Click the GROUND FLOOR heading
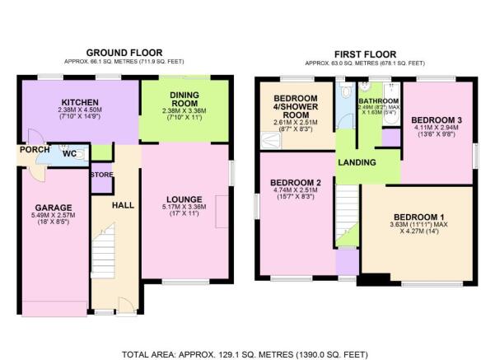pos(124,53)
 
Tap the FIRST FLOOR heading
pos(365,54)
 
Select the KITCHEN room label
pos(80,102)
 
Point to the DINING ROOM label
pos(184,99)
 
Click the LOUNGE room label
pos(184,199)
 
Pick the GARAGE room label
pos(54,208)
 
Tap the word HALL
pos(123,205)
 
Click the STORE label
pos(102,175)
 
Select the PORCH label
pos(35,149)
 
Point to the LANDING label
pos(357,162)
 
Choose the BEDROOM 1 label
pos(419,217)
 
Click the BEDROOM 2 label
pos(296,183)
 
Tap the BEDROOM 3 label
pos(437,120)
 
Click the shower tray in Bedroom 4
pos(270,141)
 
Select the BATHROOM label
pos(379,101)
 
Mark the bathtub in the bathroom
pos(392,104)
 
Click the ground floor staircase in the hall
pos(103,251)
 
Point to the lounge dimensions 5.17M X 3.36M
pos(184,207)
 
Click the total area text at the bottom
pos(245,354)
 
